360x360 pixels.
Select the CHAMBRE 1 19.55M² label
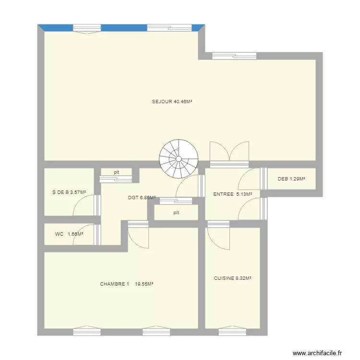tap(126, 284)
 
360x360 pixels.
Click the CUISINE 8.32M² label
tap(233, 278)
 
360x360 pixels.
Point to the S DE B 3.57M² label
tap(69, 192)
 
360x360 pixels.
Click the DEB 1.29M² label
tap(291, 180)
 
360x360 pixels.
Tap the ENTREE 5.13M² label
tap(232, 194)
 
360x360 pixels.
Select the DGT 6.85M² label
tap(142, 197)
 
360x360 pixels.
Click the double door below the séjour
tap(229, 153)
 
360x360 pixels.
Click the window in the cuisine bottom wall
tap(232, 331)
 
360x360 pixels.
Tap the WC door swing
tap(84, 235)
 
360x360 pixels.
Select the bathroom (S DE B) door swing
tap(84, 205)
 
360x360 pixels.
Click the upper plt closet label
tap(116, 172)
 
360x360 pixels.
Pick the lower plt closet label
tap(176, 213)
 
